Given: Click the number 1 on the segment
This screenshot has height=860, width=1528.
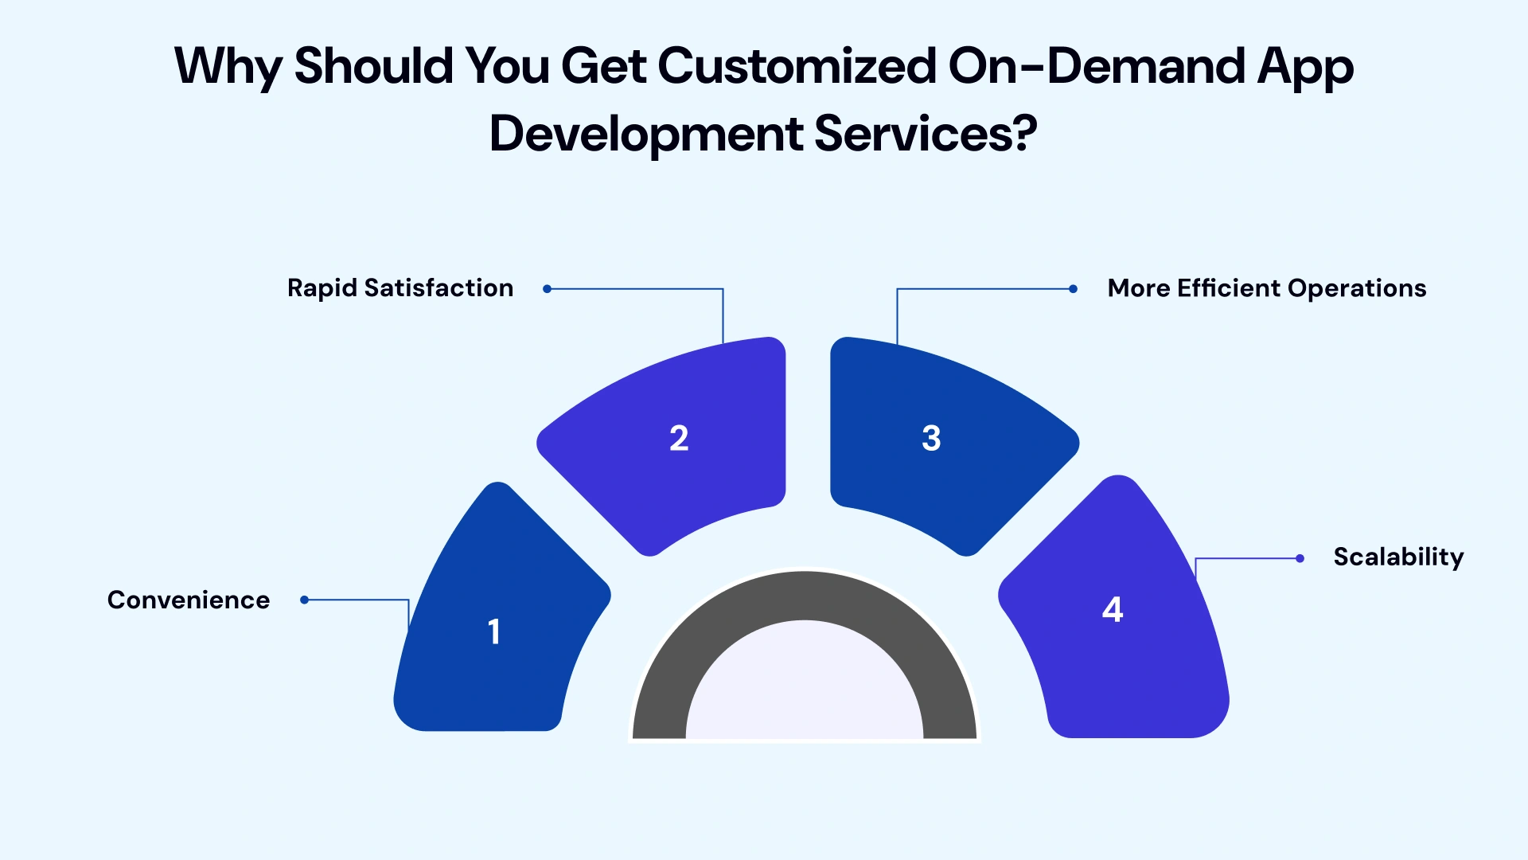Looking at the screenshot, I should click(494, 631).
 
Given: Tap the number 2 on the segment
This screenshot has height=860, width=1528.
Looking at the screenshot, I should click(679, 438).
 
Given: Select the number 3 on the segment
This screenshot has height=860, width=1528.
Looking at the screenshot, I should click(931, 438).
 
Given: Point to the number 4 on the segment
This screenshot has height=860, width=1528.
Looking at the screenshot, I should click(1113, 609).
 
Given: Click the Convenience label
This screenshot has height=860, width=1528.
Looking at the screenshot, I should click(189, 600).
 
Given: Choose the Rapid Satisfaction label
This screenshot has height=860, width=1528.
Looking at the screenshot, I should click(400, 287).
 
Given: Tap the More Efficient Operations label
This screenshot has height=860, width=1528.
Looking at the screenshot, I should click(1267, 287).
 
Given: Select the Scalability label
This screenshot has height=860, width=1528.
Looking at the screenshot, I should click(1398, 557).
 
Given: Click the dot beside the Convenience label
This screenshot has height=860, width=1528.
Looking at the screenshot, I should click(304, 600).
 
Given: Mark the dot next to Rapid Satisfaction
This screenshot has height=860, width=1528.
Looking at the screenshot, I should click(547, 289).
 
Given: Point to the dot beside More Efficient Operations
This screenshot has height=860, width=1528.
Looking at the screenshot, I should click(1073, 289).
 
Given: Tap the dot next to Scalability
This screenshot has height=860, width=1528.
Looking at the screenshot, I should click(1300, 558).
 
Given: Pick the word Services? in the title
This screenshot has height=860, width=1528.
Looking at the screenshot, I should click(926, 133).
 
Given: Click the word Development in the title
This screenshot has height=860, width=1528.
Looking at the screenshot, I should click(645, 133).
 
